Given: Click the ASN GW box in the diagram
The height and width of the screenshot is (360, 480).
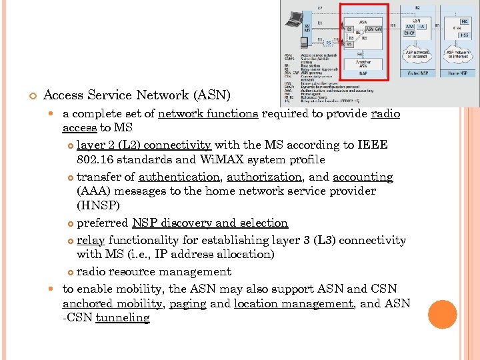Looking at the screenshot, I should tap(373, 29).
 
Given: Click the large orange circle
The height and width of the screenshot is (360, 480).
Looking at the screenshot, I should tap(442, 314).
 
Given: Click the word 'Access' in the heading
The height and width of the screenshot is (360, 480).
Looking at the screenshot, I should tap(64, 95).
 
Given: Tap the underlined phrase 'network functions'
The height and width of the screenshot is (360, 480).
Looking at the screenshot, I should tap(208, 113).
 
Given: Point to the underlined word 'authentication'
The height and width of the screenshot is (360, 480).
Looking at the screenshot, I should tap(179, 177).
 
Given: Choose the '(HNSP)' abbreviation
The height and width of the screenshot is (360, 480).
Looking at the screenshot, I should tap(98, 206).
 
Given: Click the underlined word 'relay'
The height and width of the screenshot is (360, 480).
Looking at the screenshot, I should tap(91, 240).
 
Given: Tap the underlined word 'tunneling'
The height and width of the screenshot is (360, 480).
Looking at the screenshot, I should tap(123, 317).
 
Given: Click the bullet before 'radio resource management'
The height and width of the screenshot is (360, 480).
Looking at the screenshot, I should tap(71, 272).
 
